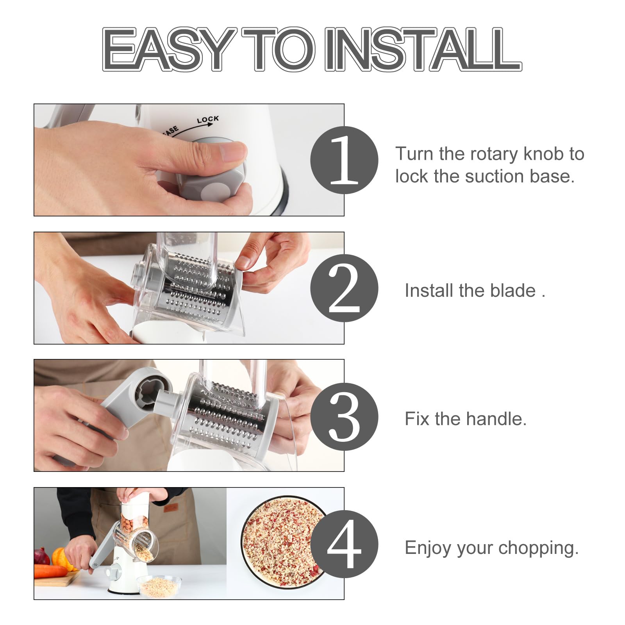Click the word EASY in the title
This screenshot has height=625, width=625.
click(169, 49)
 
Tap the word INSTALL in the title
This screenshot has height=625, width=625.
click(423, 49)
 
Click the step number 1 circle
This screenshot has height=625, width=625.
click(344, 160)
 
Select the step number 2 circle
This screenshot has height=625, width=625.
click(344, 288)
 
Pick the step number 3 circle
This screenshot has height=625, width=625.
click(344, 416)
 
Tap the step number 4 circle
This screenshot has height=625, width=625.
click(344, 544)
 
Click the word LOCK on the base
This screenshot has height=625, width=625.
click(208, 119)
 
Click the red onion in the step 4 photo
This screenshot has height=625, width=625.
click(41, 557)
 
